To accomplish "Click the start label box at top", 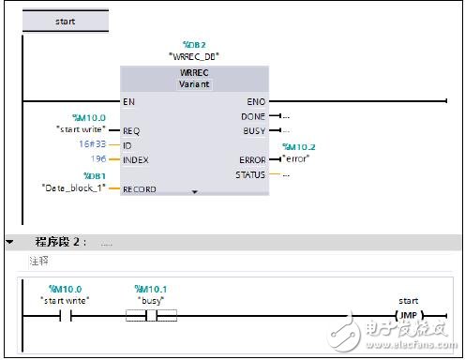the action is [65, 20].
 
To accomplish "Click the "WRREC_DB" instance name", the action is [193, 55].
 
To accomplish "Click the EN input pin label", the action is [128, 99].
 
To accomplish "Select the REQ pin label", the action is [131, 130].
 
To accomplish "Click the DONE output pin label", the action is [253, 115].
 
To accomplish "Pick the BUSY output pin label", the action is [253, 130].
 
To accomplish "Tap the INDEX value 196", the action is [97, 159].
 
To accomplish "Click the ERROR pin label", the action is [251, 159].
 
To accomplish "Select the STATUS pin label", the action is [250, 174].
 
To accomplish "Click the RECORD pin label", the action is [139, 189].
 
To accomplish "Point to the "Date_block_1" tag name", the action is [74, 187].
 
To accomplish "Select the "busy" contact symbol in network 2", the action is [151, 315].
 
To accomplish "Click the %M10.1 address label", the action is [151, 289].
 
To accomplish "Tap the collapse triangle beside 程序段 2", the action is [9, 242].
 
